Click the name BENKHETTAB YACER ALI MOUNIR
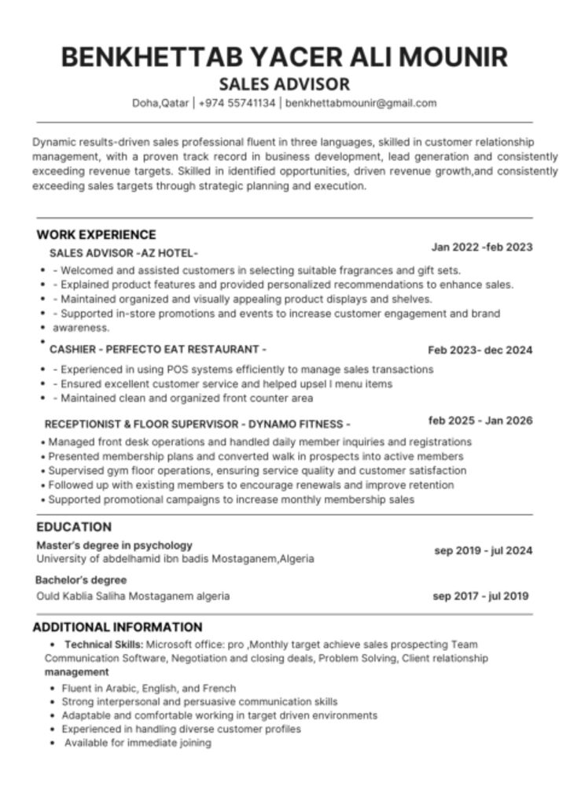(284, 57)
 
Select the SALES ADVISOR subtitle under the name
(284, 84)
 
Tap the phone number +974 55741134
(237, 103)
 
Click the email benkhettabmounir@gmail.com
(361, 103)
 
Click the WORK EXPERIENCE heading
(96, 234)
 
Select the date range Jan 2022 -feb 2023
(481, 248)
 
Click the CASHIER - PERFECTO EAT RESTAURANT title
(157, 349)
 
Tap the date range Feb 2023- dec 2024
(480, 350)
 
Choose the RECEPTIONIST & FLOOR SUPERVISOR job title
(197, 423)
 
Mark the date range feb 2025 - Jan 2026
(480, 421)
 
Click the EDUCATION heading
(74, 527)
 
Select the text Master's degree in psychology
(114, 545)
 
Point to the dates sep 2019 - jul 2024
(483, 550)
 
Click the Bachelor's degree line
(81, 580)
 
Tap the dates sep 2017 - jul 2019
(480, 596)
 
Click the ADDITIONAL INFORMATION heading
(117, 627)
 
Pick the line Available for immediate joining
(138, 743)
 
